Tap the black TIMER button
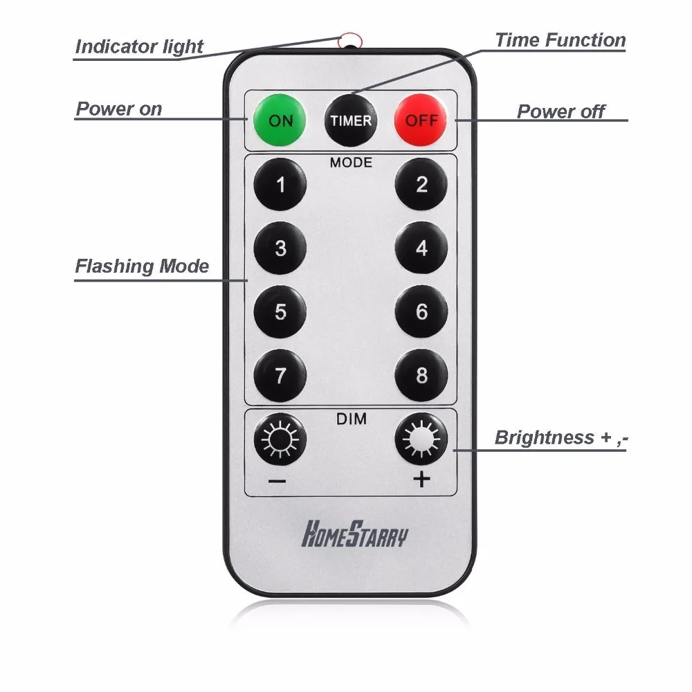pos(351,120)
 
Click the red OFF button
pos(421,120)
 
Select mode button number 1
pos(280,185)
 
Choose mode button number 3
pos(280,248)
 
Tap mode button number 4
pos(421,248)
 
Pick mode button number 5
pos(280,312)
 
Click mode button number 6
pos(421,312)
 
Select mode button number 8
pos(421,376)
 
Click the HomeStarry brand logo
pos(354,535)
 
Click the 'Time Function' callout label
pos(560,41)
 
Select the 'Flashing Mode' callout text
pos(142,266)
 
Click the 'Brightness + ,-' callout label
pos(561,438)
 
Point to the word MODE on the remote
pos(351,163)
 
